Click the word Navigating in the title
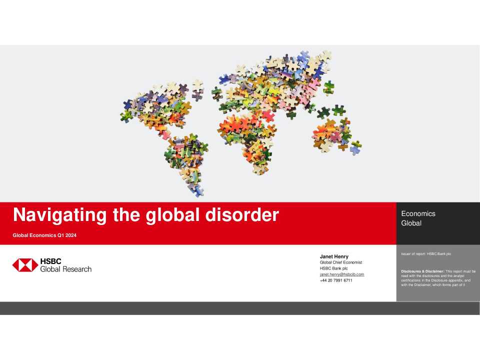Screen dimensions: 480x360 click(x=59, y=215)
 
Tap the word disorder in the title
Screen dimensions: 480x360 click(x=242, y=214)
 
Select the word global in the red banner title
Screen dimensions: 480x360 click(x=172, y=215)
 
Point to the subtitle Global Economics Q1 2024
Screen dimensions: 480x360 click(x=44, y=235)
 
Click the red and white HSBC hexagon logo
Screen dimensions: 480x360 click(x=25, y=265)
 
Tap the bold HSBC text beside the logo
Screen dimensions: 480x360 click(x=51, y=261)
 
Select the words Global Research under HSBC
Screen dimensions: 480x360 click(x=66, y=269)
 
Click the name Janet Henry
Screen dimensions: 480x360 click(x=334, y=256)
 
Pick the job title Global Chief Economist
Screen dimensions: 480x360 click(x=341, y=262)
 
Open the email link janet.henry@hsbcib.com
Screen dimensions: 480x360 click(x=342, y=274)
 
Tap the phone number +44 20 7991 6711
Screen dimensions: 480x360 click(x=336, y=280)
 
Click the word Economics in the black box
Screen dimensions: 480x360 click(x=418, y=213)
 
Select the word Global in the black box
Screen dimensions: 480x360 click(x=411, y=223)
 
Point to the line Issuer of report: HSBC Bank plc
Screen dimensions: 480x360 click(x=426, y=254)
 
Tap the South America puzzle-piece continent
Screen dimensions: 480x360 click(x=186, y=162)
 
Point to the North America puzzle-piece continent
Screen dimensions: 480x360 click(x=159, y=107)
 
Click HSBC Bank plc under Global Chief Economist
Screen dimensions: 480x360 click(x=333, y=268)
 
